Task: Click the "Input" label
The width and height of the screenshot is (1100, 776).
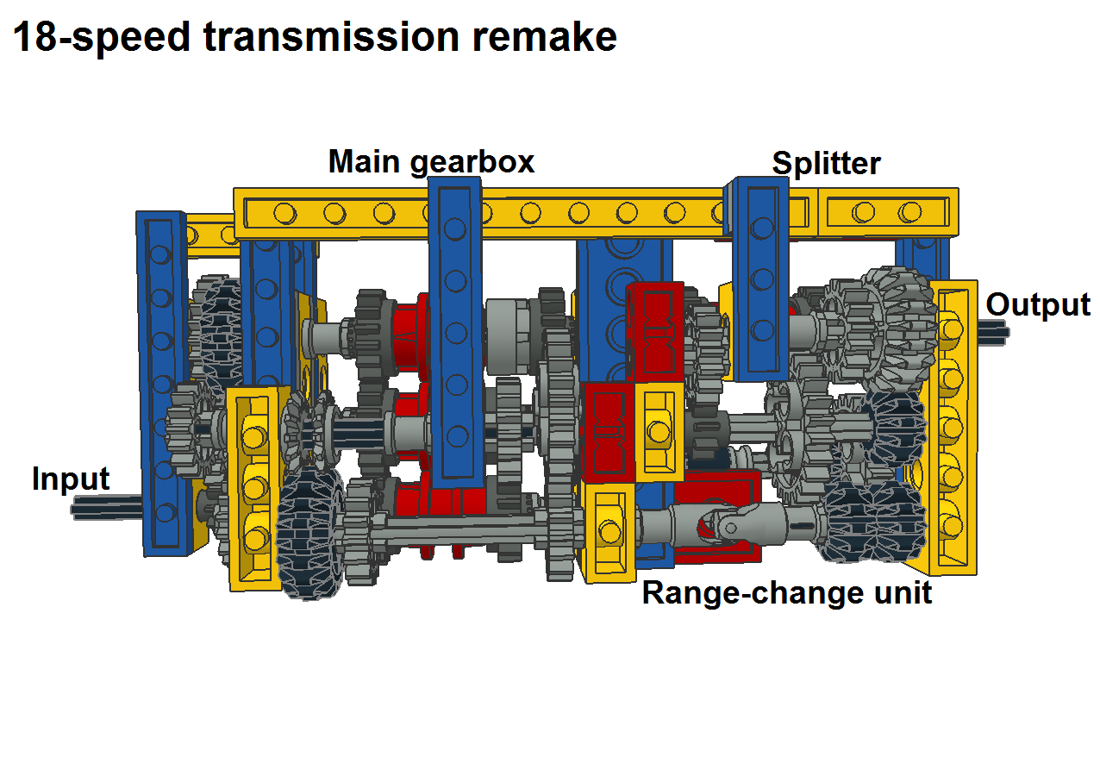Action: (x=71, y=479)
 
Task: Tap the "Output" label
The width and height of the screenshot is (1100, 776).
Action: (x=1038, y=305)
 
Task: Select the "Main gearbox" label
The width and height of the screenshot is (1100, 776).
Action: (x=431, y=162)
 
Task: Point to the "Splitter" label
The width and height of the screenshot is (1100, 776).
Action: (x=826, y=164)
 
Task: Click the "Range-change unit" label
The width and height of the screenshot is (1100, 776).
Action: (x=786, y=593)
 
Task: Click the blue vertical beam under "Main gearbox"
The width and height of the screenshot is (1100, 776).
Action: (x=455, y=328)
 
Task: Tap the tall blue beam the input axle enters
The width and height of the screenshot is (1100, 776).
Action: (x=162, y=379)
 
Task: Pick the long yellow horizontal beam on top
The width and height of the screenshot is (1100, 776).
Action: (x=517, y=212)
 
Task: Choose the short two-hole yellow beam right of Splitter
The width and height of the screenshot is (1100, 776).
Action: (x=888, y=212)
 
